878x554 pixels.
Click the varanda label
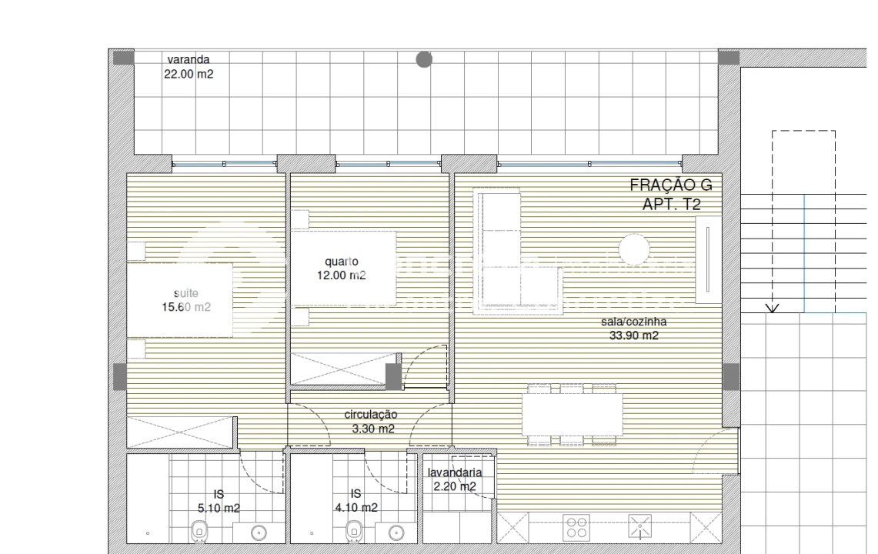click(189, 58)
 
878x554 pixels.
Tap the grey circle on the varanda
click(424, 59)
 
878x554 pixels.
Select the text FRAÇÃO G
click(671, 185)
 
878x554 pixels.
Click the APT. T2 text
click(672, 204)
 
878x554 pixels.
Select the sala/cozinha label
click(633, 322)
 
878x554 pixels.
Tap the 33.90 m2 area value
click(633, 335)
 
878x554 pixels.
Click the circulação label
click(371, 415)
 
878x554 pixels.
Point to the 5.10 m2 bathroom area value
click(219, 508)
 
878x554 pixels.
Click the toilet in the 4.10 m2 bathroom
click(355, 529)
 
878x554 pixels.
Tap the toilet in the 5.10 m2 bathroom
click(199, 529)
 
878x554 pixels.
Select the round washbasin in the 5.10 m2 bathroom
click(259, 532)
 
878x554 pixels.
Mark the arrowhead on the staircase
click(773, 309)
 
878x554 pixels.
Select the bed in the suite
click(180, 300)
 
